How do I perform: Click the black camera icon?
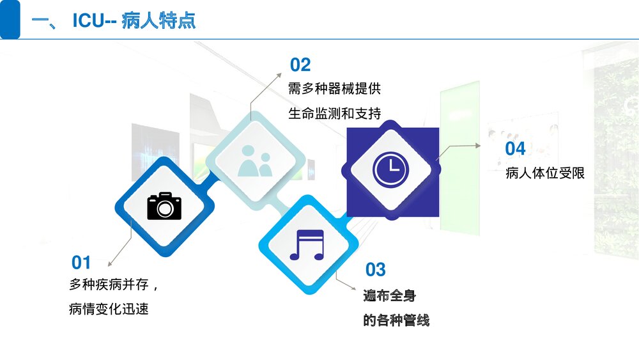point(164,207)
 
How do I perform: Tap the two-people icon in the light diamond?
point(255,160)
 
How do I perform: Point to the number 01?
point(81,262)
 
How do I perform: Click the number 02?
point(300,65)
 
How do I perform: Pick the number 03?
point(375,270)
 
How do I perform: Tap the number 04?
point(515,148)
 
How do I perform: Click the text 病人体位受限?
point(545,173)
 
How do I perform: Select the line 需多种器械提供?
point(334,88)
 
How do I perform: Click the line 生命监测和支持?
point(334,114)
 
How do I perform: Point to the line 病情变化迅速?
point(109,309)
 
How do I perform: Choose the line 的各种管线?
point(396,320)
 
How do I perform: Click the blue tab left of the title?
point(10,20)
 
